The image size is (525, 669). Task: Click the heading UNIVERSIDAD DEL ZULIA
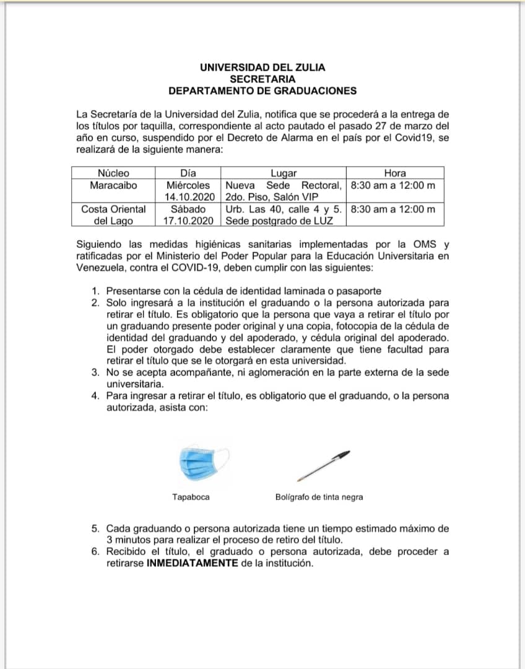(262, 68)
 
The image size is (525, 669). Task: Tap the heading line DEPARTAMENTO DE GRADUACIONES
(262, 90)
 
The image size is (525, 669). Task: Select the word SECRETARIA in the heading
(262, 79)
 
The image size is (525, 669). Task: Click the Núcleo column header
(113, 173)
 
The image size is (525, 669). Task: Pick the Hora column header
(395, 173)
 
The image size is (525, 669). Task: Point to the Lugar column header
(284, 173)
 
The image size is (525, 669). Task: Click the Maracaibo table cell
(113, 185)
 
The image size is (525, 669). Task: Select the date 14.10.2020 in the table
(189, 196)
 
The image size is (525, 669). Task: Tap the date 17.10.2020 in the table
(189, 220)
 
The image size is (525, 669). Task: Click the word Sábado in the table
(188, 209)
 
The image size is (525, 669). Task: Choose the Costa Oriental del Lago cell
(113, 214)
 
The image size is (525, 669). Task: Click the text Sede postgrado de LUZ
(271, 220)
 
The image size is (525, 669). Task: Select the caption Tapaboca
(191, 497)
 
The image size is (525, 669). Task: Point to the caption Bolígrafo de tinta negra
(319, 497)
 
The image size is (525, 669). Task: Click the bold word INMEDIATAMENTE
(192, 563)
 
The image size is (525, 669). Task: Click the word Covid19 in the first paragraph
(416, 138)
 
